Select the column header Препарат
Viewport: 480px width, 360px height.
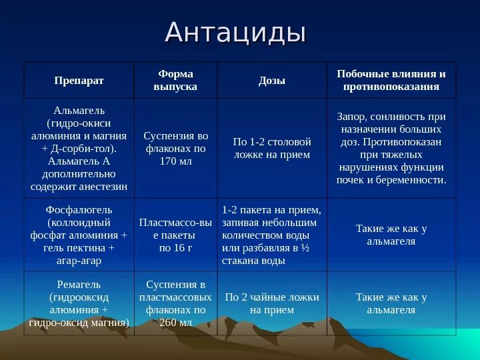pyautogui.click(x=79, y=81)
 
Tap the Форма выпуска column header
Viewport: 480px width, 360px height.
pyautogui.click(x=175, y=80)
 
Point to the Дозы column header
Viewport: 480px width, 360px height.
pyautogui.click(x=271, y=81)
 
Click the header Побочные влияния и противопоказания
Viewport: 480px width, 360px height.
pyautogui.click(x=391, y=80)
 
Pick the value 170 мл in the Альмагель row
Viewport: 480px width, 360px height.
pyautogui.click(x=176, y=161)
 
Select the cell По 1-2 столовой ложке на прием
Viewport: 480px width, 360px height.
pyautogui.click(x=271, y=148)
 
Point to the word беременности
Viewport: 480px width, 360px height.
pyautogui.click(x=414, y=180)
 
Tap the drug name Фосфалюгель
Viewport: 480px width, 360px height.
pyautogui.click(x=79, y=209)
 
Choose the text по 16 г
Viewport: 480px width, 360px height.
pyautogui.click(x=175, y=248)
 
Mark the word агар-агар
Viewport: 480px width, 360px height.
pyautogui.click(x=79, y=260)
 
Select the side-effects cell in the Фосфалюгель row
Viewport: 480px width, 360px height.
pyautogui.click(x=391, y=235)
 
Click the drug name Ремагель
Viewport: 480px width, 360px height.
pyautogui.click(x=79, y=285)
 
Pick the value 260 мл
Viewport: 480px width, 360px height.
pyautogui.click(x=176, y=323)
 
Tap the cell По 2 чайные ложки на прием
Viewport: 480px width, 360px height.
pyautogui.click(x=271, y=303)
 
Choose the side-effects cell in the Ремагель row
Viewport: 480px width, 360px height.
pyautogui.click(x=391, y=303)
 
